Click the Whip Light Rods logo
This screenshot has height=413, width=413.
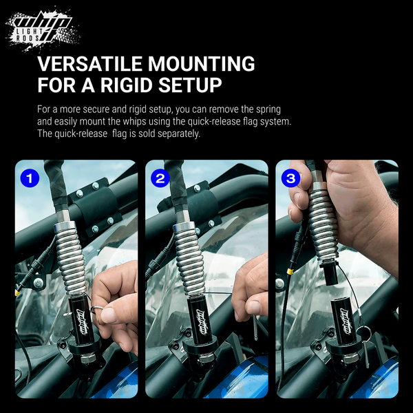coord(43,29)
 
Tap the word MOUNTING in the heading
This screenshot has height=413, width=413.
coord(201,64)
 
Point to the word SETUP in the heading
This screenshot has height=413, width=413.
coord(190,85)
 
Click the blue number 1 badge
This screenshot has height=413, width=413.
coord(30,178)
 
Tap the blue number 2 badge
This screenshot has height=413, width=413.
coord(160,178)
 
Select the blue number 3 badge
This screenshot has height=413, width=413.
coord(290,178)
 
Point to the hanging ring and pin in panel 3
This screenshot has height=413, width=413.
coord(366,346)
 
